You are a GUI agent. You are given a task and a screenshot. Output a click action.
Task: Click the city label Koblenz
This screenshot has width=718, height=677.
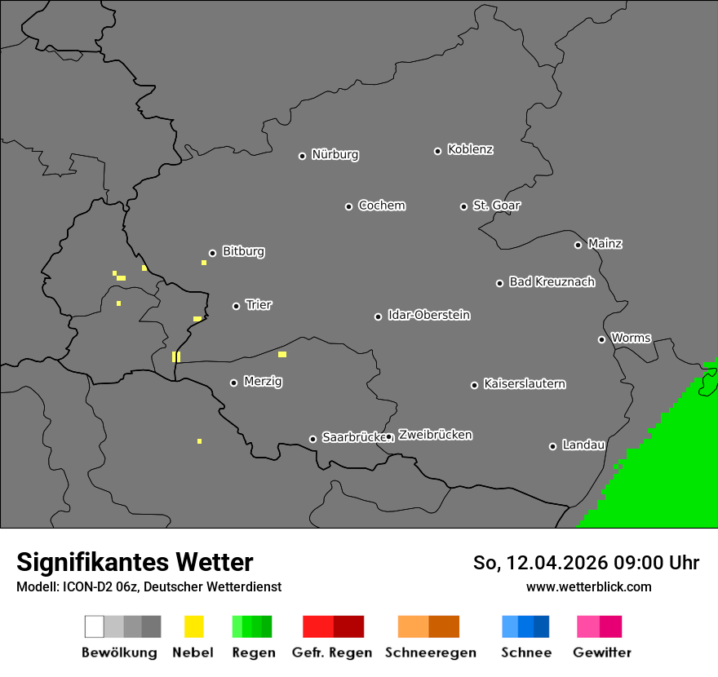click(470, 150)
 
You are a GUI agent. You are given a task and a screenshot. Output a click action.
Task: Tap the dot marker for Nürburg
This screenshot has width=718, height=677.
click(302, 156)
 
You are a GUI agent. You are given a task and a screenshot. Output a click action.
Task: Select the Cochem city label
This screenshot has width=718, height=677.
click(382, 206)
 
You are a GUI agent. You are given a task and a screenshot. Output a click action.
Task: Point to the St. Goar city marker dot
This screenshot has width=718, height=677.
click(463, 206)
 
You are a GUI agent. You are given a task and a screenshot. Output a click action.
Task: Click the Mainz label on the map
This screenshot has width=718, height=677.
click(605, 244)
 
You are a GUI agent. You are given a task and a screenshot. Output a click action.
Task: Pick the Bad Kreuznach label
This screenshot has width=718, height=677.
click(552, 282)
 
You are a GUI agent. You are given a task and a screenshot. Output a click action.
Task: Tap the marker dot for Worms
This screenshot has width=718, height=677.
click(601, 339)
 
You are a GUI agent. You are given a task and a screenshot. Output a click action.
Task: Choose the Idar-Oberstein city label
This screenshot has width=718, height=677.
click(429, 316)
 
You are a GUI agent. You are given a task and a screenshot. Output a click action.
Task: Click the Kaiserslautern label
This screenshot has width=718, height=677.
click(524, 384)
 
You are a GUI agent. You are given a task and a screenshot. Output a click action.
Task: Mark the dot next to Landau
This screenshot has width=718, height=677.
click(552, 446)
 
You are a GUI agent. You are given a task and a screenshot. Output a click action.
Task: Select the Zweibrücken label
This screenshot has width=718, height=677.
click(435, 436)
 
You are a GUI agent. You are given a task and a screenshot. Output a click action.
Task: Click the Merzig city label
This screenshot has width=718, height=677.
click(263, 382)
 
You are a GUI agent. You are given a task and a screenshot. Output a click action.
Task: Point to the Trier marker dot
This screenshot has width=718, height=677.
click(236, 306)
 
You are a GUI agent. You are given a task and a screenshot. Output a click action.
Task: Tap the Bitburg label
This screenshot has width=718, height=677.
click(243, 252)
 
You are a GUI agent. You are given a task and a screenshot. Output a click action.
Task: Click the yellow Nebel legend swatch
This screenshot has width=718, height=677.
click(193, 626)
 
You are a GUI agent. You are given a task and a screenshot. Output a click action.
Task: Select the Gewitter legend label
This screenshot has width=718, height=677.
click(601, 653)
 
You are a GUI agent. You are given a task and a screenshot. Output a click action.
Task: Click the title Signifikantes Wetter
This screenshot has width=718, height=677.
click(135, 562)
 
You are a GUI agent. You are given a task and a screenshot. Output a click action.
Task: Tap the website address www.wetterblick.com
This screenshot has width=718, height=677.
click(588, 586)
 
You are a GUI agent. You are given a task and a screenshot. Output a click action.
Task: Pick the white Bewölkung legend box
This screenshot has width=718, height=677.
click(94, 626)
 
